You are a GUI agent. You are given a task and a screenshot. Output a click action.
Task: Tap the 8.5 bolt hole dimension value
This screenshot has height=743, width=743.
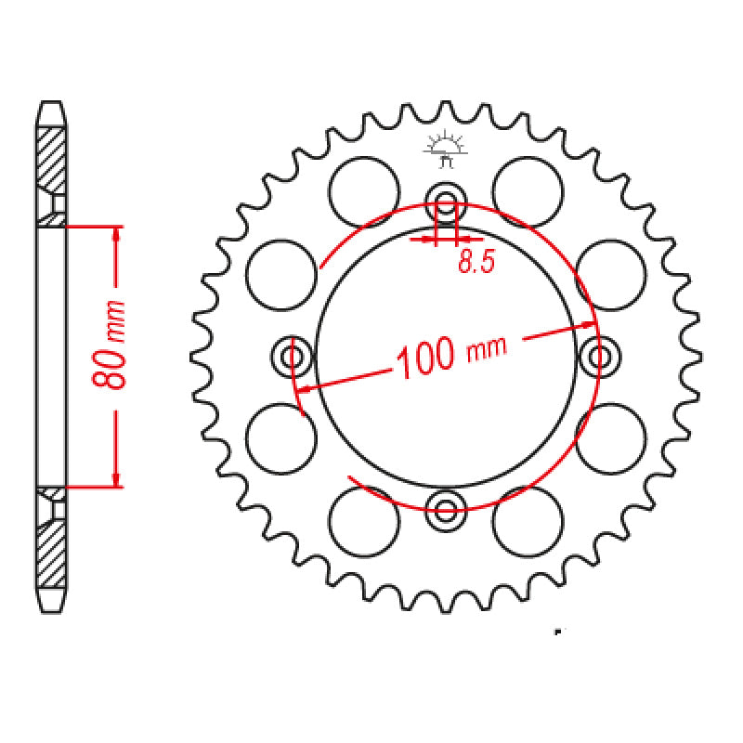[475, 263]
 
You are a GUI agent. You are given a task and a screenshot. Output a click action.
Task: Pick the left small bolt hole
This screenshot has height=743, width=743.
[293, 356]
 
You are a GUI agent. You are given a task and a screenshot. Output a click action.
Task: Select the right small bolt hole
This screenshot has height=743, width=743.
[601, 356]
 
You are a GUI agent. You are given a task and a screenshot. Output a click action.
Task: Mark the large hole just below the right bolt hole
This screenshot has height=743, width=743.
[610, 437]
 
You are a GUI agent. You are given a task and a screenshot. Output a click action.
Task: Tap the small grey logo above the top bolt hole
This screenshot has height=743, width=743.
[445, 149]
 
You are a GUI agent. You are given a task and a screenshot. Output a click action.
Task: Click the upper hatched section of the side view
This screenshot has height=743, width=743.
[52, 158]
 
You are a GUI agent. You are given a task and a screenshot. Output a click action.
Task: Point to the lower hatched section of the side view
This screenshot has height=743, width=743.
[52, 548]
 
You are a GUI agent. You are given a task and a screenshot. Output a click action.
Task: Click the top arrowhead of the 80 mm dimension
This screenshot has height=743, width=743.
[116, 233]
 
